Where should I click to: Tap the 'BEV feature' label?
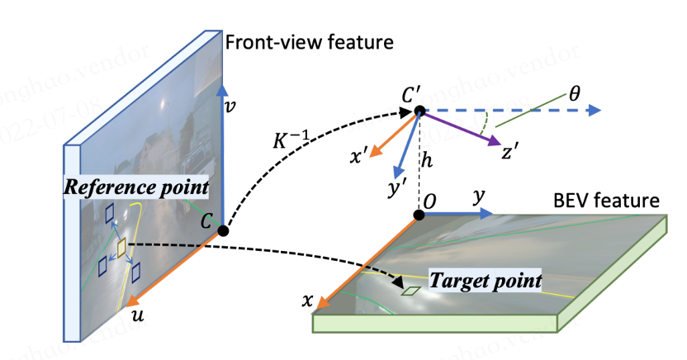[x=608, y=201]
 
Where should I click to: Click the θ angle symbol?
[x=574, y=92]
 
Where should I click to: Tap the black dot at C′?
[x=419, y=111]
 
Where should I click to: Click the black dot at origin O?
[x=419, y=216]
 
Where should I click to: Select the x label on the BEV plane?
[x=306, y=303]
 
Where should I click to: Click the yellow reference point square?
[x=121, y=248]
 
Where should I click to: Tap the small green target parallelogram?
[x=410, y=291]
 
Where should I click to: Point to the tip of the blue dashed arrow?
[x=599, y=111]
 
